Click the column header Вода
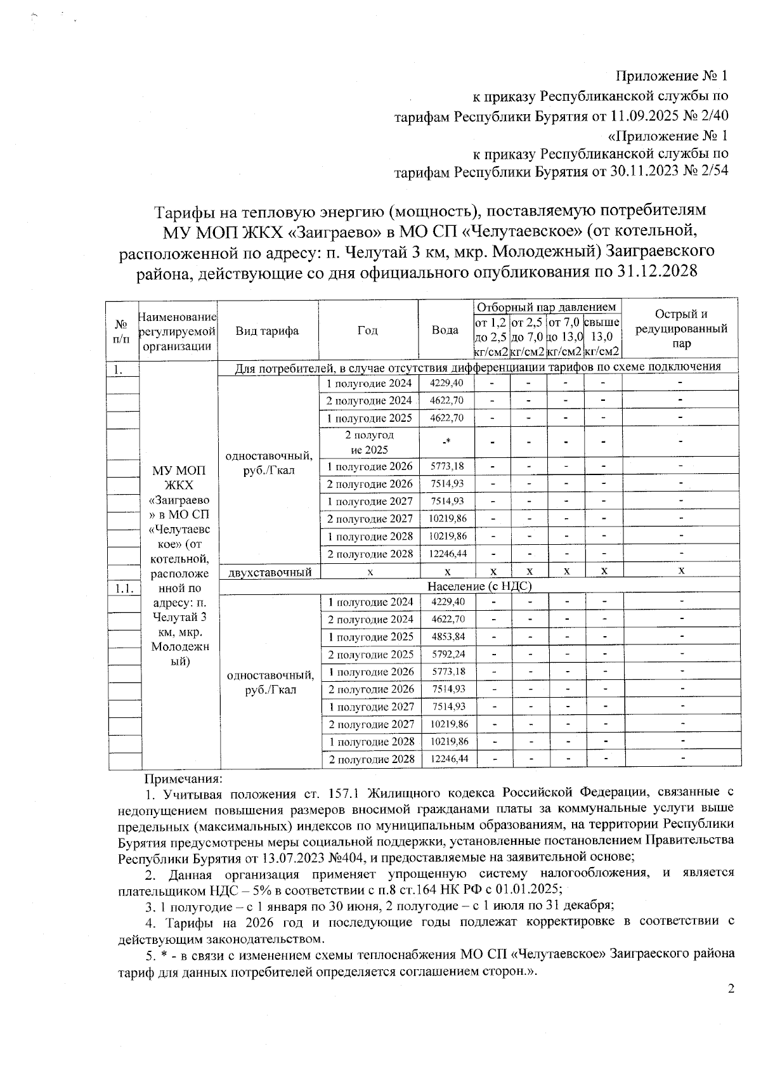445,330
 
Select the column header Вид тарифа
267,330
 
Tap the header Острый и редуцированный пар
681,329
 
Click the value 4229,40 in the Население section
446,601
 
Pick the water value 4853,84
446,636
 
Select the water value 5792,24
446,654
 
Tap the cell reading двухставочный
270,572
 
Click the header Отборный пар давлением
546,307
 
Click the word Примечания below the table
183,778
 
